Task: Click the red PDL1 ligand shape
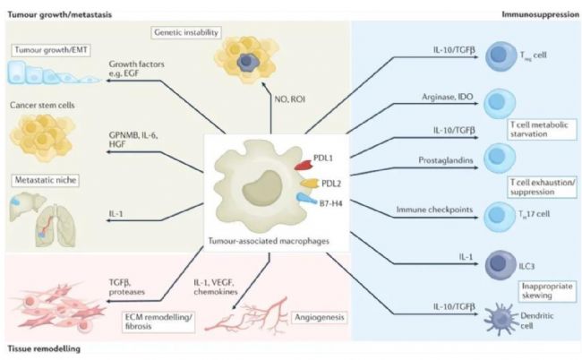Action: coord(304,165)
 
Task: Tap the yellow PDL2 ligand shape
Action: coord(311,183)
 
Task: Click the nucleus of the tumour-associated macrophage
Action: coord(261,187)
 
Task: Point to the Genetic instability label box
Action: coord(186,32)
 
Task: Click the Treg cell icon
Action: coord(501,56)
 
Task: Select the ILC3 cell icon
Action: coord(501,265)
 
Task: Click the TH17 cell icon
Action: coord(500,217)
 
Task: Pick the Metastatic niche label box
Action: coord(46,180)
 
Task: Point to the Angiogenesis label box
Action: coord(320,317)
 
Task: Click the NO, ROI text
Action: coord(290,99)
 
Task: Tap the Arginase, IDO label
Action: coord(448,97)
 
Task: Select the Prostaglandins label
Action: coord(446,160)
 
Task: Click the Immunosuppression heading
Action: coord(541,14)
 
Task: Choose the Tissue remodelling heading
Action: coord(44,349)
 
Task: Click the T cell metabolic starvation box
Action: coord(542,129)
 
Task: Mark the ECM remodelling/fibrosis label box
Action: coord(158,321)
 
